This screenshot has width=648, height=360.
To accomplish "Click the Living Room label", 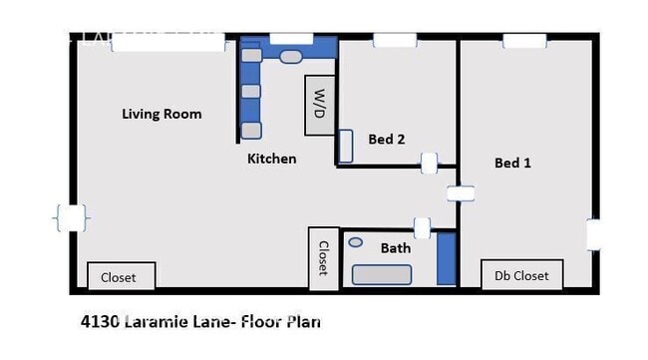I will (x=162, y=114).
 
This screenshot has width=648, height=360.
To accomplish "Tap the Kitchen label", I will (x=271, y=159).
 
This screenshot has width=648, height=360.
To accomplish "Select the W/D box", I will (x=319, y=105).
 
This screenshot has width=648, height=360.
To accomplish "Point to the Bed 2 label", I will (x=386, y=140).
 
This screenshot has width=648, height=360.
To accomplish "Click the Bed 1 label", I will (x=512, y=163).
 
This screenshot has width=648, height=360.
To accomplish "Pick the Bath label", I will (x=396, y=247).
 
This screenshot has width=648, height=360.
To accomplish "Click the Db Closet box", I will (x=521, y=275).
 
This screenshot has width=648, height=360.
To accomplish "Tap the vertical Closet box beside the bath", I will (x=323, y=259).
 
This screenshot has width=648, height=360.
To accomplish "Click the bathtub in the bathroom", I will (x=382, y=274).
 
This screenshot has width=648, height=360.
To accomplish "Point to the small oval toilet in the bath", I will (x=355, y=242).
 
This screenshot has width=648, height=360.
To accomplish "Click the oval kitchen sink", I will (x=290, y=57).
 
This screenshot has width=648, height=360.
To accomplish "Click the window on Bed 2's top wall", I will (x=388, y=41).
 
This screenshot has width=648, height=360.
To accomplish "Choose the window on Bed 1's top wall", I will (x=524, y=41).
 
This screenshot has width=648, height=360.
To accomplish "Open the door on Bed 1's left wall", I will (x=460, y=192).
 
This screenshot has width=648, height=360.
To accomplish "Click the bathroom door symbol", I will (x=422, y=227).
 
